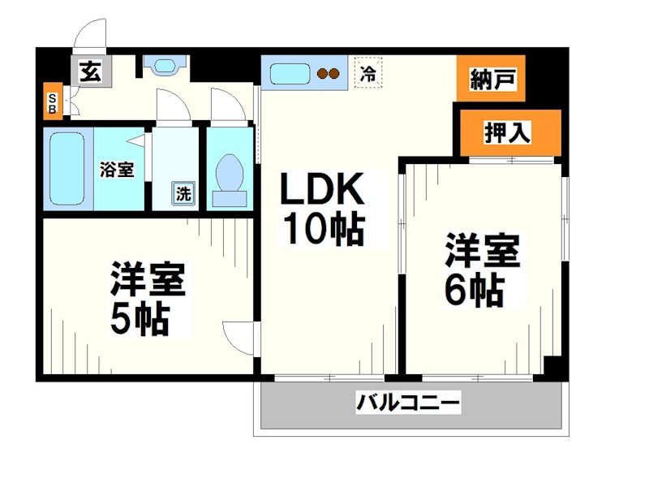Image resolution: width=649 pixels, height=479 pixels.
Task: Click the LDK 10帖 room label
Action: click(x=321, y=209)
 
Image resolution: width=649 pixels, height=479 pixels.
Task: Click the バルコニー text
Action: click(x=408, y=401)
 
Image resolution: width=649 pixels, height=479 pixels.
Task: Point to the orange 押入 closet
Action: click(x=509, y=132)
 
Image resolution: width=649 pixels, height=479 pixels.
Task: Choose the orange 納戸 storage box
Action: click(x=491, y=79)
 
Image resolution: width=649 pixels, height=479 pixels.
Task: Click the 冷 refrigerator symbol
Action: click(x=367, y=74)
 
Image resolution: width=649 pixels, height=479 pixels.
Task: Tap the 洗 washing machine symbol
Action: click(x=183, y=193)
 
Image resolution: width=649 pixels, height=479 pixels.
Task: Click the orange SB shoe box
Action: click(x=53, y=101)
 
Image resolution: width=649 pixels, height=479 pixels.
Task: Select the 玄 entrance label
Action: click(x=89, y=72)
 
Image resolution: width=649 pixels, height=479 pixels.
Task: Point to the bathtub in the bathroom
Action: click(x=67, y=167)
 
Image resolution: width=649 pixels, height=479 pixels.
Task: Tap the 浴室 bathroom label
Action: click(x=117, y=170)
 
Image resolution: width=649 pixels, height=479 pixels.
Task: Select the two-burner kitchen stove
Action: click(x=329, y=74)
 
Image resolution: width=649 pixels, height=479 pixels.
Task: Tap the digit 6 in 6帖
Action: click(x=457, y=290)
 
